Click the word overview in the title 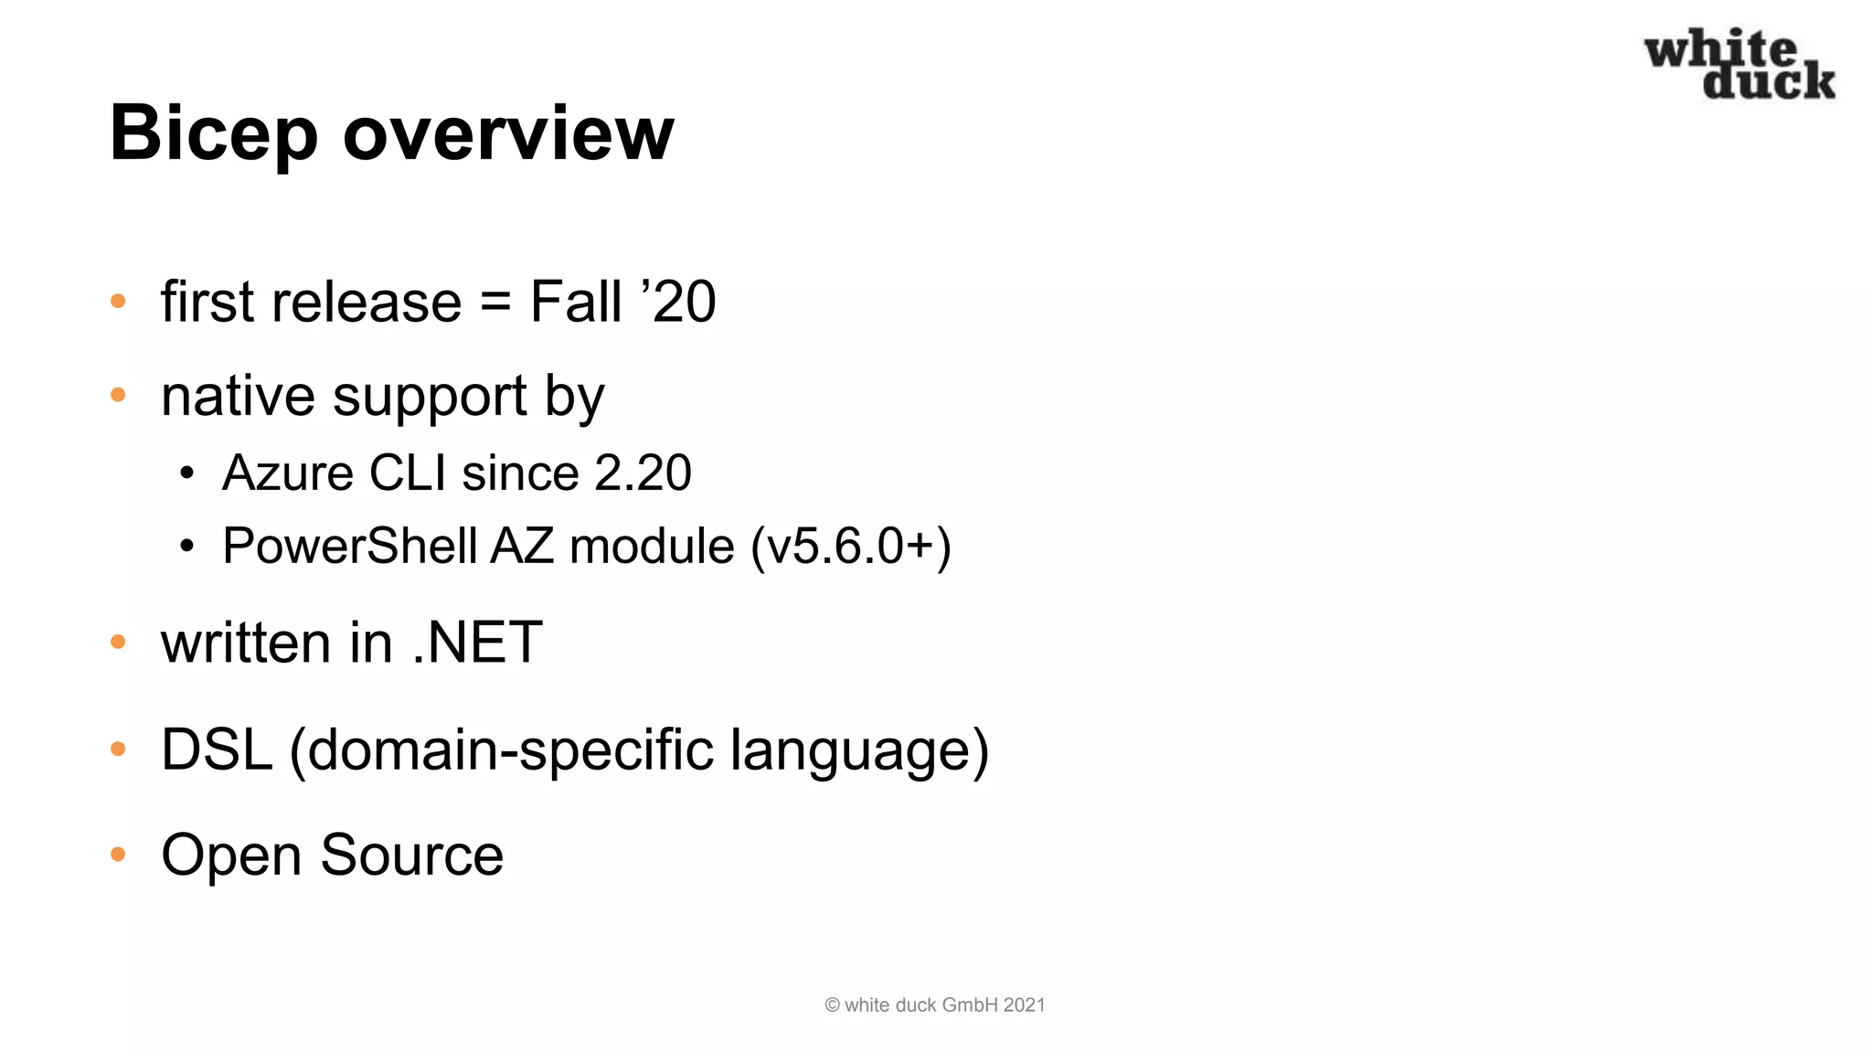[x=508, y=134]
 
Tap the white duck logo [x=1739, y=64]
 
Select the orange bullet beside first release [x=118, y=301]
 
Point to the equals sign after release [x=495, y=302]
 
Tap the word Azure [x=288, y=473]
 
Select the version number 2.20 [x=643, y=473]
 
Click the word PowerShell [x=350, y=547]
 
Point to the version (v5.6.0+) [x=851, y=547]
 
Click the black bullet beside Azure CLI [x=187, y=473]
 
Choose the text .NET [x=478, y=642]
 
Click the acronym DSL [x=217, y=750]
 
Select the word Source [x=411, y=856]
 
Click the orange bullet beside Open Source [x=118, y=855]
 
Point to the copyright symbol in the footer [x=832, y=1005]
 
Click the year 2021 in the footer [x=1024, y=1005]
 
